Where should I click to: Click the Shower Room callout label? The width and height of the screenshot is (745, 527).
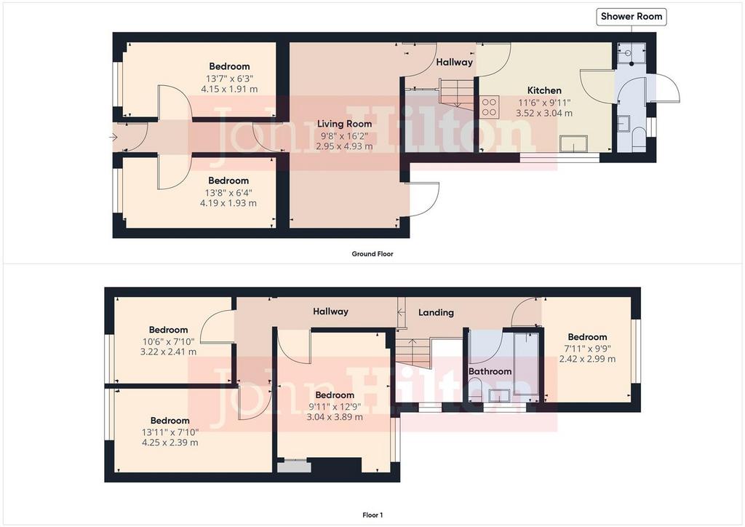coord(631,16)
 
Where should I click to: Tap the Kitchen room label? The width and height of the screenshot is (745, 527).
coord(544,90)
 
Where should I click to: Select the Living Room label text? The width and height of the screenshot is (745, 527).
coord(344,124)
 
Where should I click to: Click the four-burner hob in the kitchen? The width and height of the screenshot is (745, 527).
coord(489,107)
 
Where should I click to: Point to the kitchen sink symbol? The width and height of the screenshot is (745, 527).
coord(573,143)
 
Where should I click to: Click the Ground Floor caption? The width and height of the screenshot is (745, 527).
coord(372,254)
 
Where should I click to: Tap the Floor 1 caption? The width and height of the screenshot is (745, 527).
coord(372,515)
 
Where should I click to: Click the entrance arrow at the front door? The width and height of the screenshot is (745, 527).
coord(113,138)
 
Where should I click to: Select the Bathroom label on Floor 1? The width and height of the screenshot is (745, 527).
coord(490,371)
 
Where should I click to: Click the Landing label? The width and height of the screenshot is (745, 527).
coord(436,313)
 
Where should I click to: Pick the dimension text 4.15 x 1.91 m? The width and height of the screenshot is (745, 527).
coord(229,89)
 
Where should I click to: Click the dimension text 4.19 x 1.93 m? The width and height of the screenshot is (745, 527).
coord(228,203)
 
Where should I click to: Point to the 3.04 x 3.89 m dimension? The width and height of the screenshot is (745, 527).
coord(335,417)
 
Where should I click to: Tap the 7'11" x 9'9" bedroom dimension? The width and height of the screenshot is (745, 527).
coord(587,349)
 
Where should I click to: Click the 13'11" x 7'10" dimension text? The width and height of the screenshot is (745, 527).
coord(170,432)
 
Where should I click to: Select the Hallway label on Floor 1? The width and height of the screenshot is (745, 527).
coord(331,312)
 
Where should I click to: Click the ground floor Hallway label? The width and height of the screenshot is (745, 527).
coord(454,63)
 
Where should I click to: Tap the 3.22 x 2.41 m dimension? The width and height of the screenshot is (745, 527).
coord(168,352)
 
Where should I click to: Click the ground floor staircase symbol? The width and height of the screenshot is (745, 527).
coord(456,93)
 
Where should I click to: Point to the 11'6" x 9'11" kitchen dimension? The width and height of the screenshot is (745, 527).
coord(544,103)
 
